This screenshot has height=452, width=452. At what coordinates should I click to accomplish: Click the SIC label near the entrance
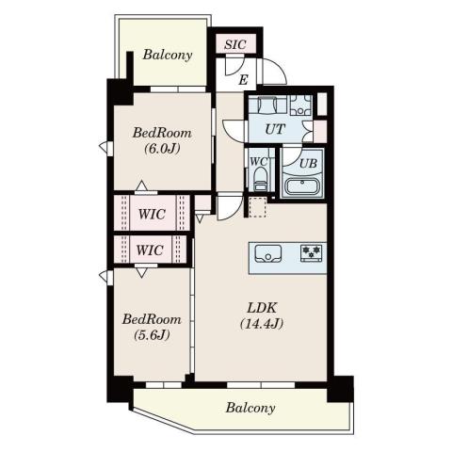coord(235,44)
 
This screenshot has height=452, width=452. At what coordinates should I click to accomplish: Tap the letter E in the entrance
coord(243,80)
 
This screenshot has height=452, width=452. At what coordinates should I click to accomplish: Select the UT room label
coord(275,129)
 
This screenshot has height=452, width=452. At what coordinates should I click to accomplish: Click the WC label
coord(259,161)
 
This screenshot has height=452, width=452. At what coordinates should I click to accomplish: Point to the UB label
coord(308,163)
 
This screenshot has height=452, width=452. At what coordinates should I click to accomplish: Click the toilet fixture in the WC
coord(260,179)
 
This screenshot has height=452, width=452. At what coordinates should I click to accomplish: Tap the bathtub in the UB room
coord(302,187)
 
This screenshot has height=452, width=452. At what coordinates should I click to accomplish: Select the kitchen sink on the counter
coord(268,253)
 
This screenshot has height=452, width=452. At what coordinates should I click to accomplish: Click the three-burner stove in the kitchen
coord(312,252)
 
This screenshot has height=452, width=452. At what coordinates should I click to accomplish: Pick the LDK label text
coord(262,308)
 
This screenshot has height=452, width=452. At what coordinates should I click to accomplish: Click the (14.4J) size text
coord(262,324)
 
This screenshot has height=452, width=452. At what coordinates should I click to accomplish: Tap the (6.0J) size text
coord(163,149)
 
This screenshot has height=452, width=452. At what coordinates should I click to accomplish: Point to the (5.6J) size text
coord(152,335)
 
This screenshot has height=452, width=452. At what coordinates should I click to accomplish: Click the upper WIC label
coord(152,214)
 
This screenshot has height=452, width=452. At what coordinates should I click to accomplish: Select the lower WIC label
coord(150,250)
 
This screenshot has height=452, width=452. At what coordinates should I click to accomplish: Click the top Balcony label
coord(168,55)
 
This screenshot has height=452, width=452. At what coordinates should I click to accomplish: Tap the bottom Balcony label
coord(250,408)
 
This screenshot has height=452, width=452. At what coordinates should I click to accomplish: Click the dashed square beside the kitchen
coord(257,207)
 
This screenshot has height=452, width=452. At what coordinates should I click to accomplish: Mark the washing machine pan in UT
coord(300,105)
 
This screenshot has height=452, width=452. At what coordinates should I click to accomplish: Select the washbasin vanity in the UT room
coord(267,105)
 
